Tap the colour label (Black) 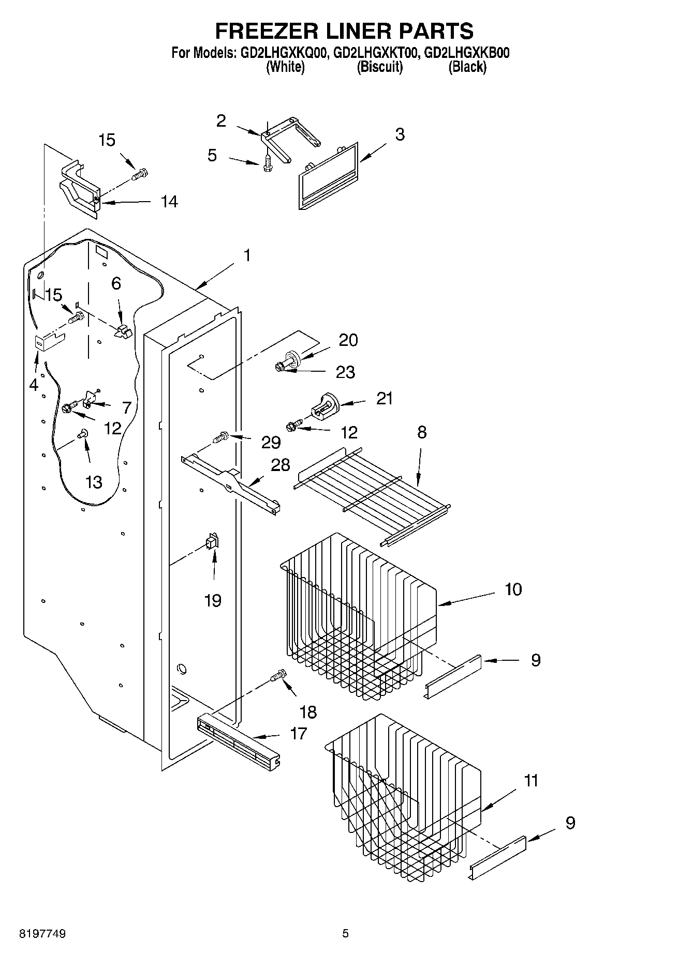point(467,67)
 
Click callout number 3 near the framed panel point(400,134)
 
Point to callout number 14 point(169,202)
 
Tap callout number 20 point(348,340)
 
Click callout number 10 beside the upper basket point(513,589)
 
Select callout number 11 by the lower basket point(531,780)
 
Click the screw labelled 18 point(278,675)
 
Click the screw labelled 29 point(222,438)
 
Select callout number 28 point(281,465)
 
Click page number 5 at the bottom point(345,934)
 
